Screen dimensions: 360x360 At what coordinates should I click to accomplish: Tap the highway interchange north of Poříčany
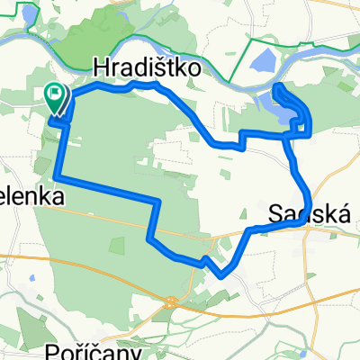tap(172, 303)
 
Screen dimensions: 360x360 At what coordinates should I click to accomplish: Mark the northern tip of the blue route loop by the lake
tap(276, 85)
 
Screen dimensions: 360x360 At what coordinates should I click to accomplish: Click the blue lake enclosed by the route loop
tap(290, 115)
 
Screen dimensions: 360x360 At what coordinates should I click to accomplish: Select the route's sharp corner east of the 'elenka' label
tap(157, 201)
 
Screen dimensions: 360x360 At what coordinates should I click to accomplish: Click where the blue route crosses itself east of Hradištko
tap(289, 136)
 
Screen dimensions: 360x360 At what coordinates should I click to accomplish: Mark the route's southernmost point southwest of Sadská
tap(220, 275)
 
